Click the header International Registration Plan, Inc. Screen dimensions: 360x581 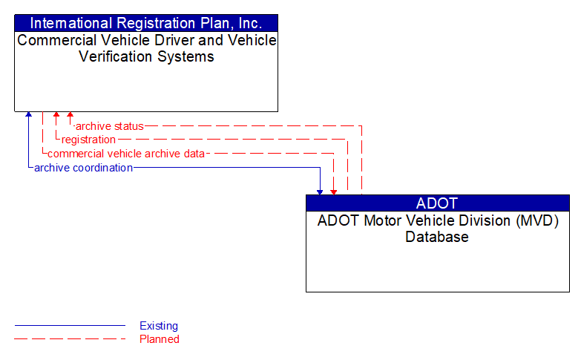pyautogui.click(x=146, y=22)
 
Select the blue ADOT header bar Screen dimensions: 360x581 pyautogui.click(x=437, y=203)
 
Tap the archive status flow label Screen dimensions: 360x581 pyautogui.click(x=110, y=126)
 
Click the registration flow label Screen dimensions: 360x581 pyautogui.click(x=88, y=140)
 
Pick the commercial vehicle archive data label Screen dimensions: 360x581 pyautogui.click(x=125, y=154)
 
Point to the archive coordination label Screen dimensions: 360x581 pyautogui.click(x=83, y=168)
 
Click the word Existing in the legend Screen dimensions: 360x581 pyautogui.click(x=159, y=326)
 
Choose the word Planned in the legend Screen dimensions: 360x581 pyautogui.click(x=160, y=339)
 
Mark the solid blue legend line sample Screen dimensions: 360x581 pyautogui.click(x=70, y=326)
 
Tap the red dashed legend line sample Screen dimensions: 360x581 pyautogui.click(x=70, y=339)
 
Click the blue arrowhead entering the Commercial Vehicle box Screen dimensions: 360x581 pyautogui.click(x=28, y=115)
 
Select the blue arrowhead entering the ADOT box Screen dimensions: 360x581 pyautogui.click(x=320, y=192)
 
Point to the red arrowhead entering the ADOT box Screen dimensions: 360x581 pyautogui.click(x=334, y=192)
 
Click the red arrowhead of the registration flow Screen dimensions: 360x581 pyautogui.click(x=56, y=115)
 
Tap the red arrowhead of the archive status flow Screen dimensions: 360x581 pyautogui.click(x=70, y=115)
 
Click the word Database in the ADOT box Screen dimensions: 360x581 pyautogui.click(x=437, y=238)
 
